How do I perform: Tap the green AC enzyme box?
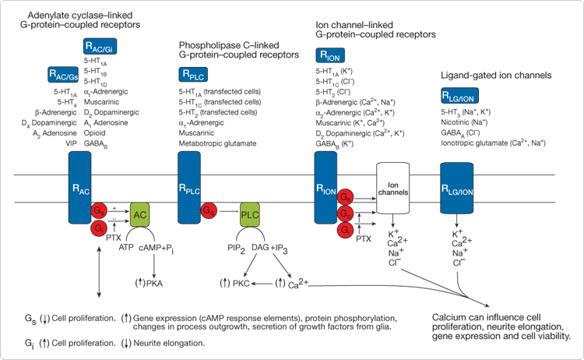tap(141, 215)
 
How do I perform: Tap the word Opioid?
tap(97, 133)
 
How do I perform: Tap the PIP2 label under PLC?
tap(235, 249)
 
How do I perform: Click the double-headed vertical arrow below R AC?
tap(97, 272)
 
